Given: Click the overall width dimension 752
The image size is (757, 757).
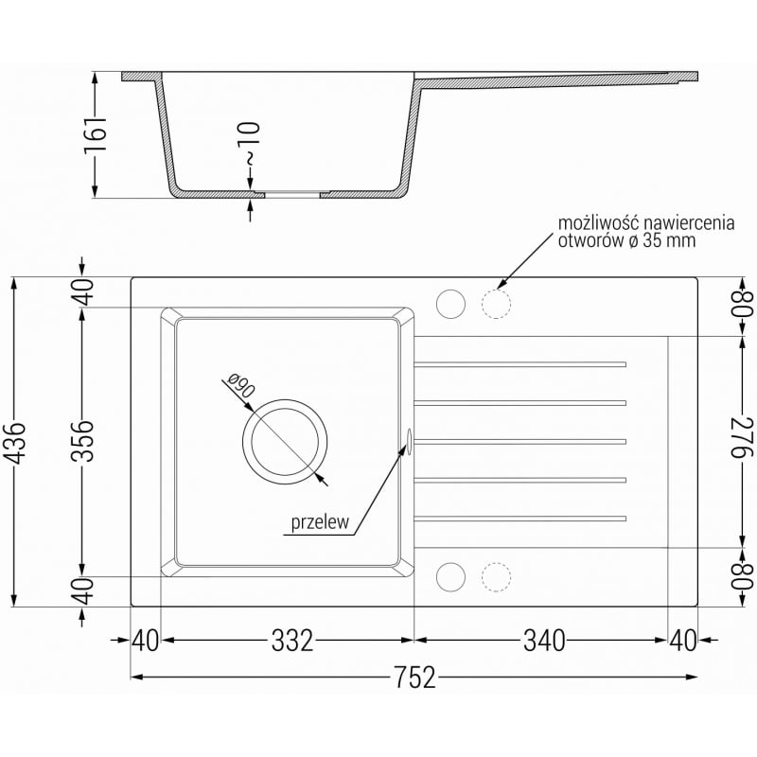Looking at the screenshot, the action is [414, 677].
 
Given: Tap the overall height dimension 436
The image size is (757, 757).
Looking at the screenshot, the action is [17, 443].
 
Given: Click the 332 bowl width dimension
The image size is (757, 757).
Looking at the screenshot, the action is [292, 641].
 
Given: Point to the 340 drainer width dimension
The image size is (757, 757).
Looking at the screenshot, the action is [544, 641].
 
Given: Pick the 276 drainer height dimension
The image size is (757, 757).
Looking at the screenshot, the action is [742, 437].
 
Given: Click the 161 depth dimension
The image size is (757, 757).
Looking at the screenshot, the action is [95, 135].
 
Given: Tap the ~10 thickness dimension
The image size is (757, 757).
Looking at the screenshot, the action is [250, 144].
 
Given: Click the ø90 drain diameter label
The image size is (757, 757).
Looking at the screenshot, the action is [239, 385].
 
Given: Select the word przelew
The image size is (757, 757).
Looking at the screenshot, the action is [319, 522].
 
